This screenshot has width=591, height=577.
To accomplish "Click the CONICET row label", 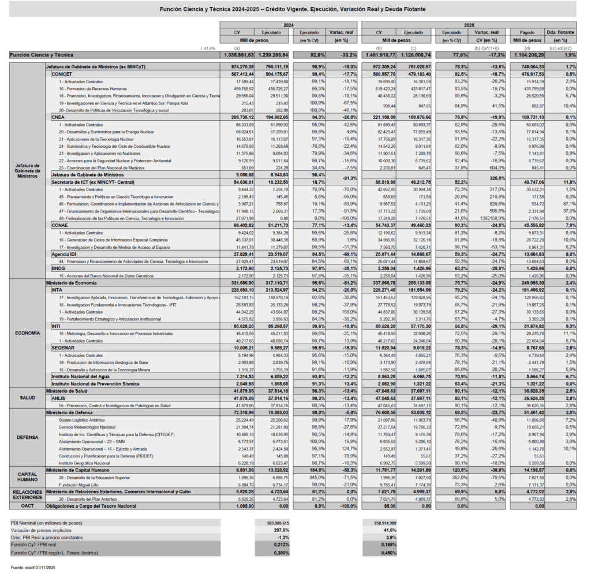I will [x=62, y=75].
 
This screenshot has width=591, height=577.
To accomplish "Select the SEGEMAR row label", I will [x=63, y=348].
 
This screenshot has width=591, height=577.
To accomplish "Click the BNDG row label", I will [x=58, y=268].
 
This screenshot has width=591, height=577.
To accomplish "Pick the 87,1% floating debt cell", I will [x=568, y=204].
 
